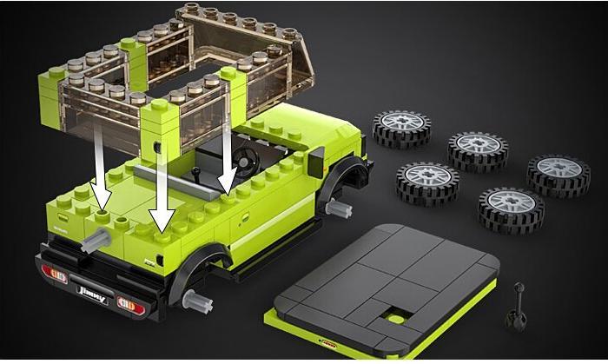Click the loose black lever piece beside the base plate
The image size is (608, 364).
click(x=519, y=303)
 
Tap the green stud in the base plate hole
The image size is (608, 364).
click(x=395, y=318)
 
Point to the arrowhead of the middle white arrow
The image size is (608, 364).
click(x=160, y=222)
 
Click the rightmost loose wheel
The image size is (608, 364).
click(x=558, y=174)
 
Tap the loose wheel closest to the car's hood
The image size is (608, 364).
click(x=401, y=129)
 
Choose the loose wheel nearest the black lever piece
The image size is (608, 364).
click(x=511, y=208)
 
